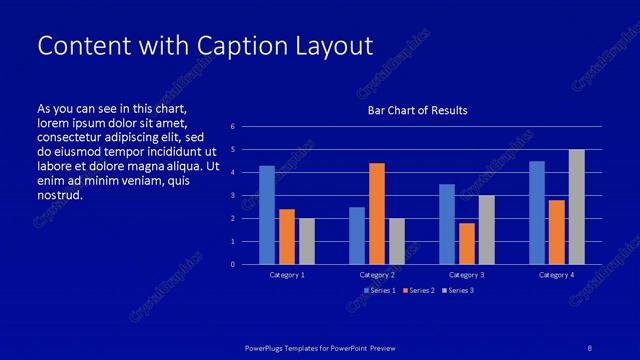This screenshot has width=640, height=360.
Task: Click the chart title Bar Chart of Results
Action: click(417, 110)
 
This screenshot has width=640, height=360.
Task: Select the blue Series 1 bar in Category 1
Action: click(267, 215)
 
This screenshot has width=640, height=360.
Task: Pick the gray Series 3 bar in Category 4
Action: click(576, 207)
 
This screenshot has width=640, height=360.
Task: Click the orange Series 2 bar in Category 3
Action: click(466, 243)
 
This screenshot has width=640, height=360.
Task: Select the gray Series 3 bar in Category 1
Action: click(307, 241)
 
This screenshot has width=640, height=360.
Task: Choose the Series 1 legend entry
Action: click(379, 291)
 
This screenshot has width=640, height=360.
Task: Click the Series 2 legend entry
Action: click(417, 291)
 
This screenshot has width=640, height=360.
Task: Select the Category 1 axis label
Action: click(287, 274)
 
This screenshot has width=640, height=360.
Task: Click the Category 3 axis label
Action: click(466, 274)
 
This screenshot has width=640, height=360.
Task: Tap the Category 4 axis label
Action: click(556, 274)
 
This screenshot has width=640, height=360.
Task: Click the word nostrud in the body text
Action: click(59, 195)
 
